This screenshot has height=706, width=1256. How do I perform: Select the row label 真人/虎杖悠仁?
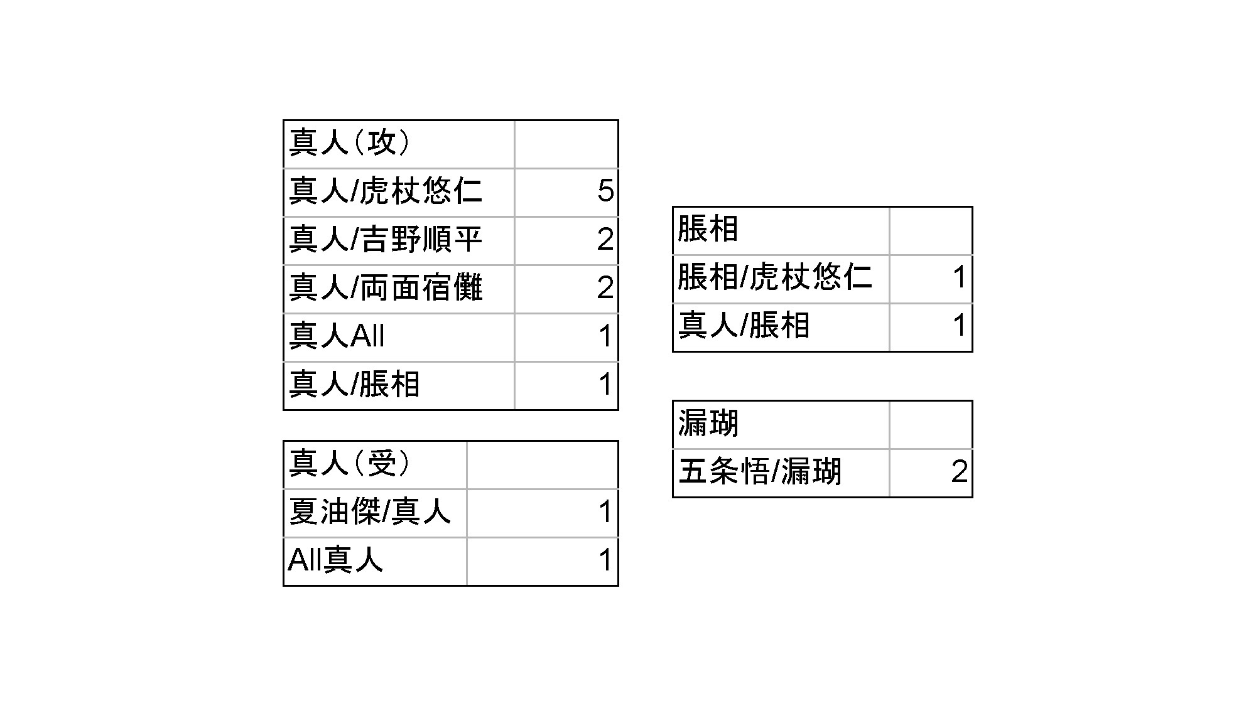[385, 191]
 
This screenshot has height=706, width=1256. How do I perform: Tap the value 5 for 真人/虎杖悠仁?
[605, 191]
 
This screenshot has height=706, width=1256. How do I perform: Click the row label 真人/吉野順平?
[385, 239]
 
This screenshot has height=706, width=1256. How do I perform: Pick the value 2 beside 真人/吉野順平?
[605, 239]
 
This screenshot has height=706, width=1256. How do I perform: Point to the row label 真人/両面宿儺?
[385, 287]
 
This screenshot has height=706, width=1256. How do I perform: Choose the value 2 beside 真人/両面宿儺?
[605, 287]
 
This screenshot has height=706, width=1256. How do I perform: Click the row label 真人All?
[337, 336]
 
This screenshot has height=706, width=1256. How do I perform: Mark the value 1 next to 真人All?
[605, 336]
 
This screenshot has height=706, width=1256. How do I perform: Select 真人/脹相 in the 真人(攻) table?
[354, 384]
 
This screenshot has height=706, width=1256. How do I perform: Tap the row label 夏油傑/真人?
[369, 512]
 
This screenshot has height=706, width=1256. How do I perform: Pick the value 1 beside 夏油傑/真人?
[605, 512]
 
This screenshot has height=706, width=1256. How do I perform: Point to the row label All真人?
[335, 560]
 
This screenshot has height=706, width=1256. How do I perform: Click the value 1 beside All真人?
[605, 560]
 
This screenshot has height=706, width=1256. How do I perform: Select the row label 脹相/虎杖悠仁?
[775, 277]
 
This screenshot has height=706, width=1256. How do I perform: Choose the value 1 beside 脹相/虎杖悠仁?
[959, 277]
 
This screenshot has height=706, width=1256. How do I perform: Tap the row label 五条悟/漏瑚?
[759, 472]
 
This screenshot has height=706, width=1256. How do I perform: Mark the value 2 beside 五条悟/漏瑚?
[959, 472]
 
